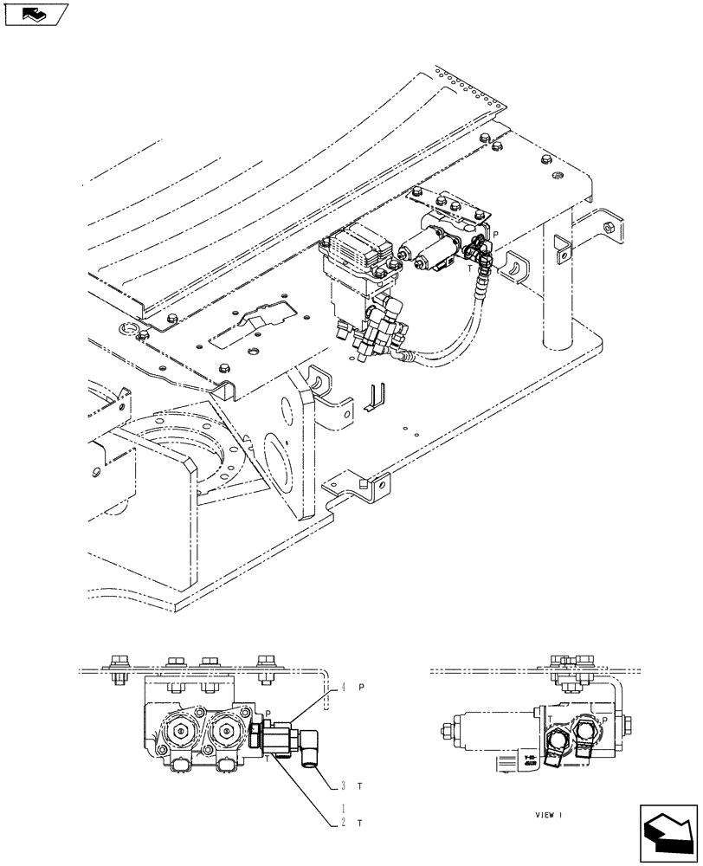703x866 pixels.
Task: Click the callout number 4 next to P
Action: coord(343,687)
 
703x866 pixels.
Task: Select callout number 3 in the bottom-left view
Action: coord(343,785)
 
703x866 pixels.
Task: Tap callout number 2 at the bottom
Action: coord(343,823)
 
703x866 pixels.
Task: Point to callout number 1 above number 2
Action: coord(343,808)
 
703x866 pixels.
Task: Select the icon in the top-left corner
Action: coord(35,14)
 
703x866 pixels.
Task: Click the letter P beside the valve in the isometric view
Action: coord(496,234)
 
